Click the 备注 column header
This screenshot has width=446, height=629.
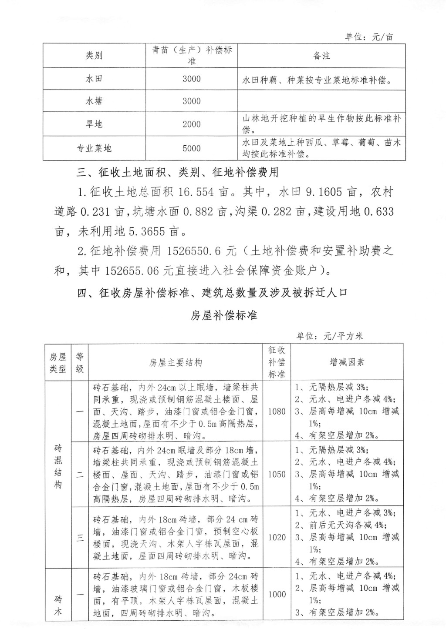point(321,56)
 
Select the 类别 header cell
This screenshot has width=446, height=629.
point(94,56)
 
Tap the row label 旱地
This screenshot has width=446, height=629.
point(94,124)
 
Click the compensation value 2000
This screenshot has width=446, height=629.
point(192,124)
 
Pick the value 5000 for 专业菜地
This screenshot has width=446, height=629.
point(192,148)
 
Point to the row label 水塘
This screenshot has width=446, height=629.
point(94,101)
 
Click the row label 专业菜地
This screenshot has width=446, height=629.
point(94,148)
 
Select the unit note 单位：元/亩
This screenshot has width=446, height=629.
point(369,37)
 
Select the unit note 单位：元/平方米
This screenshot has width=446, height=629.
point(329,336)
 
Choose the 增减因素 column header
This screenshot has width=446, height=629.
point(347,362)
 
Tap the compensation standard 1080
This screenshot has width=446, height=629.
point(277,411)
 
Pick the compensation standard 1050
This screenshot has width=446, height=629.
point(277,474)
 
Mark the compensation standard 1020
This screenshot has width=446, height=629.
point(277,537)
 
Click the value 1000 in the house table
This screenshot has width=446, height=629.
point(277,594)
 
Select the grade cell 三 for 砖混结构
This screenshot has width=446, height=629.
point(80,538)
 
